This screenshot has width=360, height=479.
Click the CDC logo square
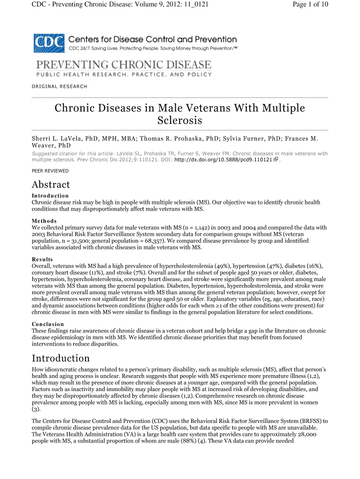(49, 43)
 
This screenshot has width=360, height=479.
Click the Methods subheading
(44, 221)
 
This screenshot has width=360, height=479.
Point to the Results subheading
(42, 259)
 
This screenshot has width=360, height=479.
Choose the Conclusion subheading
(48, 324)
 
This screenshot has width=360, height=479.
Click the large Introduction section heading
(60, 358)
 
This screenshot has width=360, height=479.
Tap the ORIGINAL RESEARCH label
(59, 86)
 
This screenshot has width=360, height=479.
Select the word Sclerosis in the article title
(180, 120)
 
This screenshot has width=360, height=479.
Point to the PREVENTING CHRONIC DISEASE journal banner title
(122, 65)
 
